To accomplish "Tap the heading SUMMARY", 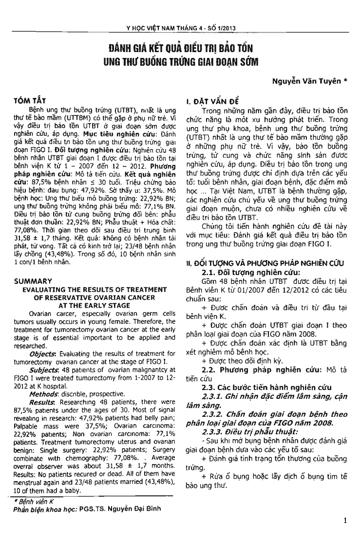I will click(32, 281).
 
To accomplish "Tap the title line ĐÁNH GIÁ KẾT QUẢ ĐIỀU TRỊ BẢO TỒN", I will click(180, 49).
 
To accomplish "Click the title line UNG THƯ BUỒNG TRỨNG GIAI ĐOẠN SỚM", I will click(180, 62).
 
